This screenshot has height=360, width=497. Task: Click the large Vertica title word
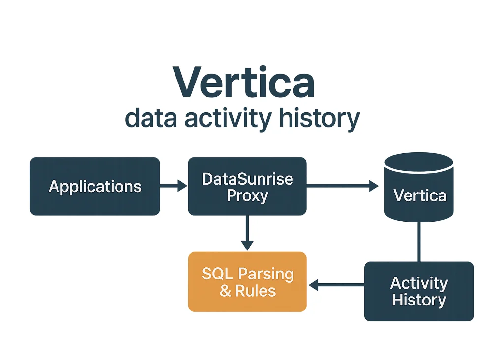(x=243, y=81)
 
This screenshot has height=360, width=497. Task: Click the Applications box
(x=95, y=186)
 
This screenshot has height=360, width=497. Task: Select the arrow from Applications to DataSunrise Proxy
(x=174, y=186)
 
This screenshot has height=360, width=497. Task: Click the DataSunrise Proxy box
(x=247, y=186)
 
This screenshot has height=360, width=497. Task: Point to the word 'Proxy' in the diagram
(x=247, y=195)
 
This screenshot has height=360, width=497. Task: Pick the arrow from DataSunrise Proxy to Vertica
(x=342, y=186)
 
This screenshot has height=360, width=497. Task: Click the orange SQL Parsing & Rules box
(x=247, y=281)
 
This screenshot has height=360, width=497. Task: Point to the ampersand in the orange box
(x=225, y=291)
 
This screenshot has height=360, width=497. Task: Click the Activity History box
(x=419, y=291)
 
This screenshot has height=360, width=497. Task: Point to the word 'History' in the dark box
(x=419, y=300)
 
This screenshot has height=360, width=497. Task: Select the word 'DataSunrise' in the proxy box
(x=247, y=178)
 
